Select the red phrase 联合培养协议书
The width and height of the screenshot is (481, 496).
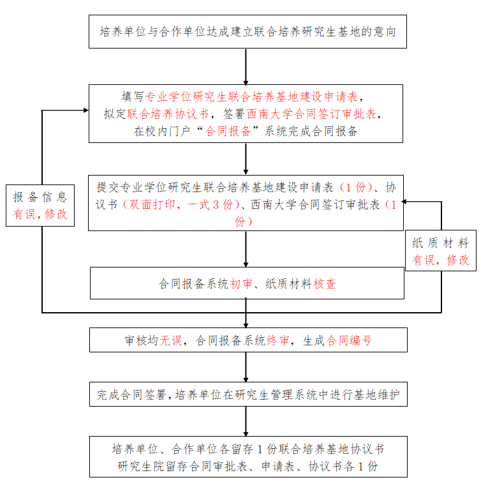[168, 114]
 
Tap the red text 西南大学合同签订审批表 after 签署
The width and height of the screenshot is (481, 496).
[313, 114]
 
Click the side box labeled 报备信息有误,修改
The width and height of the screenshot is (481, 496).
[40, 206]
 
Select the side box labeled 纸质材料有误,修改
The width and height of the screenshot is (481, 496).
[440, 252]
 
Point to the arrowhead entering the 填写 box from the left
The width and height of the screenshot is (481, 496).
[84, 110]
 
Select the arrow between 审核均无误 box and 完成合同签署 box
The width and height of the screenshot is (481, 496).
[246, 367]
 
